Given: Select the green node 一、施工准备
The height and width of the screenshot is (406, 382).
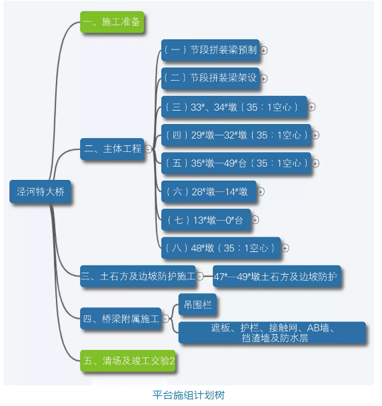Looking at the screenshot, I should click(112, 23).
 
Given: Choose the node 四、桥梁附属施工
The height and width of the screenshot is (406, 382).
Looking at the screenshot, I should click(121, 320).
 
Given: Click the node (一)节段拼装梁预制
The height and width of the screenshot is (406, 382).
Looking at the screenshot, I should click(210, 49).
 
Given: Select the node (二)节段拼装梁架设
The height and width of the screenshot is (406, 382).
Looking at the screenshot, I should click(210, 78).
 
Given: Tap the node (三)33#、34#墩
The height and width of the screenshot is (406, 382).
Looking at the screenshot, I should click(234, 107).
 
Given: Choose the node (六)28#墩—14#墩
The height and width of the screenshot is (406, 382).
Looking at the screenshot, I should click(207, 191).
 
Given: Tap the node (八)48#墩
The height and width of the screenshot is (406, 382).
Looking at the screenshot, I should click(221, 248).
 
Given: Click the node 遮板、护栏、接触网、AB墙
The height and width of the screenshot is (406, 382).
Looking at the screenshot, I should click(272, 333).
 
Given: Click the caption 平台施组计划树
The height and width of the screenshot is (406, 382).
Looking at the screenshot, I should click(189, 395).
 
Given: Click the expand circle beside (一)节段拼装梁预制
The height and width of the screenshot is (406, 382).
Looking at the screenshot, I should click(265, 50).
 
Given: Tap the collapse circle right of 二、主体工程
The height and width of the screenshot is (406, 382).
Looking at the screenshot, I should click(148, 149).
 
